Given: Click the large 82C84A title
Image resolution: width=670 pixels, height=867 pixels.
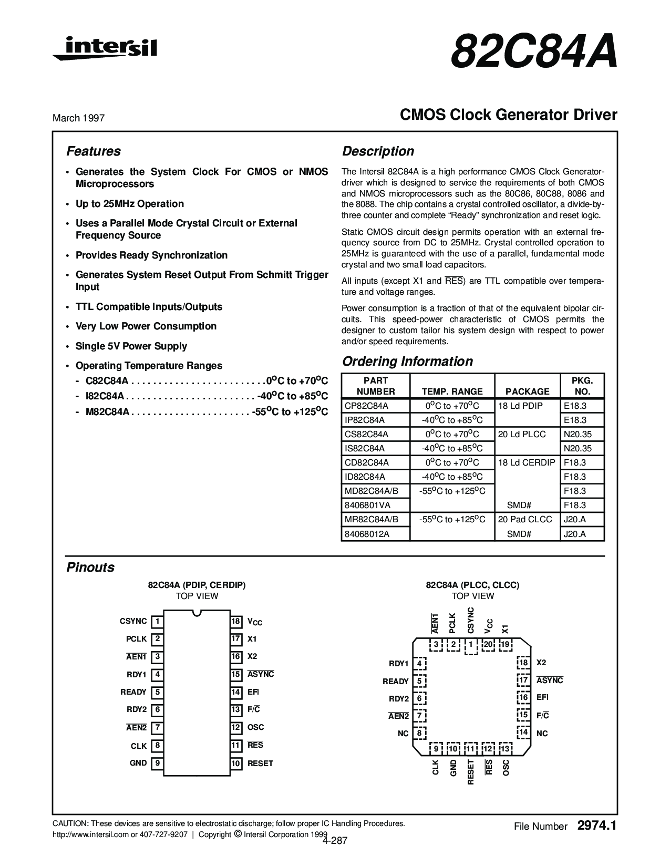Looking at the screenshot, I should (x=533, y=51).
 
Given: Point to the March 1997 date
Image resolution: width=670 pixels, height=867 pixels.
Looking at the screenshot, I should (x=78, y=118).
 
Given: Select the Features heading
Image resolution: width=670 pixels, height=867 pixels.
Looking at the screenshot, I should (x=94, y=151).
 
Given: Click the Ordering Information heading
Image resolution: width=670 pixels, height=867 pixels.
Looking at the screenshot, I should (x=407, y=362).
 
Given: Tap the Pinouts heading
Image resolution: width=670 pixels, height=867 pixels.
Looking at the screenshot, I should (x=90, y=567).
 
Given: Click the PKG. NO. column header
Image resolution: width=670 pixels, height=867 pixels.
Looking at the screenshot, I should (x=582, y=386).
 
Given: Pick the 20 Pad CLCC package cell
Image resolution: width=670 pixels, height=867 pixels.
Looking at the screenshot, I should (x=525, y=519).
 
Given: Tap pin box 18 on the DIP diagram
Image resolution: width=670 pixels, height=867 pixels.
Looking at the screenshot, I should (x=236, y=622).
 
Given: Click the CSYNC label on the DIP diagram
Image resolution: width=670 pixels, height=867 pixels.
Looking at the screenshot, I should (x=133, y=621).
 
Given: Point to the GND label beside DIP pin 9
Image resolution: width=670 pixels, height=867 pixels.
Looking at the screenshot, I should (x=138, y=763).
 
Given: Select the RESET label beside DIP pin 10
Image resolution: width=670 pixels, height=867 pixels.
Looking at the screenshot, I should (x=260, y=763).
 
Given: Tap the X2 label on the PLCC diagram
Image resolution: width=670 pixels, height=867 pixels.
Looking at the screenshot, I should (x=541, y=663).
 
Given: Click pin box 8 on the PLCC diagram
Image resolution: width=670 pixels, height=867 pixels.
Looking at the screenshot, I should (x=419, y=733).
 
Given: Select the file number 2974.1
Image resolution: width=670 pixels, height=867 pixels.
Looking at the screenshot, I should (x=596, y=825).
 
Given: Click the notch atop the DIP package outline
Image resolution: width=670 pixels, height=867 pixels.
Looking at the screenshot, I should (x=197, y=613).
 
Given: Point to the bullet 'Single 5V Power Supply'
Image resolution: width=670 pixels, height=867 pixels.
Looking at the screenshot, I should (x=131, y=346).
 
